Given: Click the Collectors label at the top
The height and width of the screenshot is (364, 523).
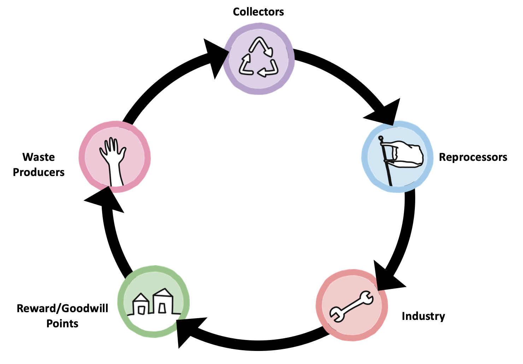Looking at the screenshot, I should pos(258,12).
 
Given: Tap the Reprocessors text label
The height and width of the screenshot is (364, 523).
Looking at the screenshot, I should pos(473,157).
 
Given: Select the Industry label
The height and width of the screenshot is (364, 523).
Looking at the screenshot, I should pos(423,316).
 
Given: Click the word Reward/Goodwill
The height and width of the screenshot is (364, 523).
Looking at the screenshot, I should pos(63,308).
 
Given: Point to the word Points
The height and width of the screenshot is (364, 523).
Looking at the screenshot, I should pos(63,323).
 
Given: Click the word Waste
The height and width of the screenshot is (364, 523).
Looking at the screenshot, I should pos(39,157).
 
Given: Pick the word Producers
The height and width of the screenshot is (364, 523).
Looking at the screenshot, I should pos(39,172).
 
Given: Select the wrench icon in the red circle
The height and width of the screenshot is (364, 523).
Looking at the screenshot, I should pos(352,306).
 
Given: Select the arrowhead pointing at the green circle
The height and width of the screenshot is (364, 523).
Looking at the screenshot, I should pos(187,330).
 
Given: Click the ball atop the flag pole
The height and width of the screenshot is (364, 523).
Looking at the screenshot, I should pos(381,138).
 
